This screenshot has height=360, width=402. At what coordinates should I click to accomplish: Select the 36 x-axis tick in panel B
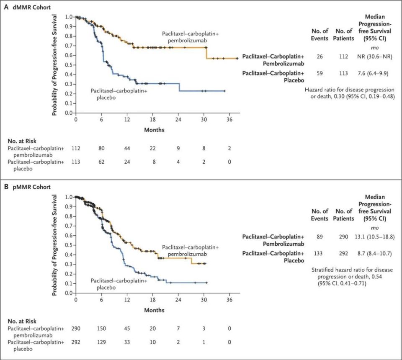point(229,300)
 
